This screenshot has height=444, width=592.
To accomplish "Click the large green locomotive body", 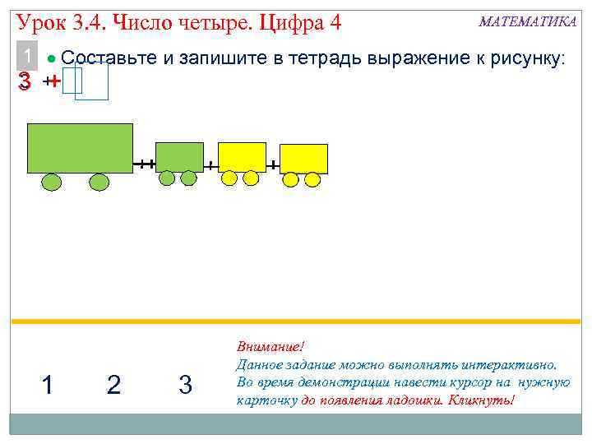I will pos(80,148).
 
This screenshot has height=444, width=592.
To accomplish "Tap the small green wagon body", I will pos(179,156).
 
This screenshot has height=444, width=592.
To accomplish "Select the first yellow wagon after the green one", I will pos(242,156).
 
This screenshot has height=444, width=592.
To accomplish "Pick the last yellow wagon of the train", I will pos(303,159).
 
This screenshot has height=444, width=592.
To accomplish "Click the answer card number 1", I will pos(48,384).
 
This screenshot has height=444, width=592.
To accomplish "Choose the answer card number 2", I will pos(113,384).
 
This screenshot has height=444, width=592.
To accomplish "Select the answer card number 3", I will pos(185,384).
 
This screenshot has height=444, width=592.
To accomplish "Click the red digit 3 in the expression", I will pos(25,81).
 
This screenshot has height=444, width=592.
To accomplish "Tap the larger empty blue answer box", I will pos(92,81).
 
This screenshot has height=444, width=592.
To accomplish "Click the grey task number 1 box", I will pos(28,58).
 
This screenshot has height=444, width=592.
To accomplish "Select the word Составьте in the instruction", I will pos(99,58).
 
